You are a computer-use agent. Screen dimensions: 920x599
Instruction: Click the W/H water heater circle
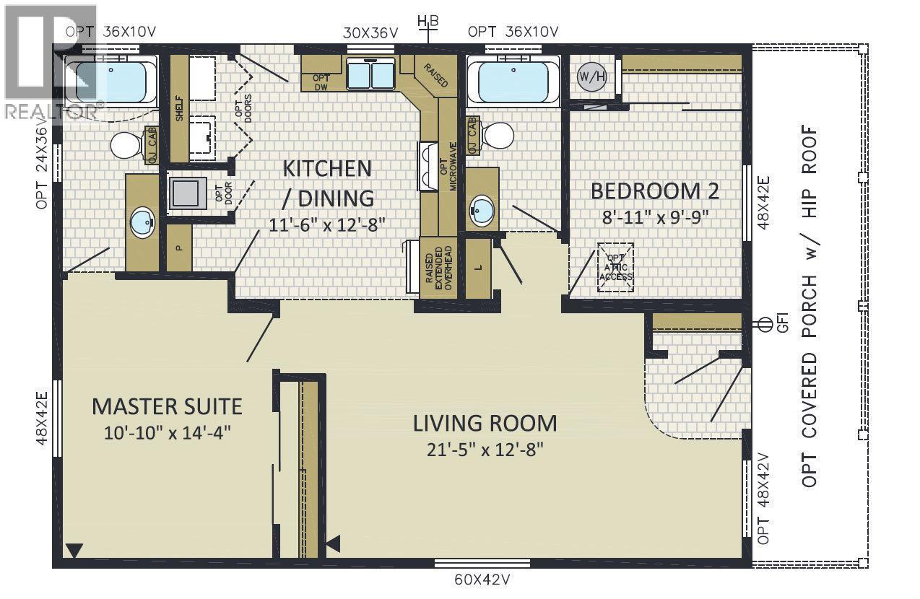click(592, 76)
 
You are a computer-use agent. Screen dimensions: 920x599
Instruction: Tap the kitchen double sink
click(370, 74)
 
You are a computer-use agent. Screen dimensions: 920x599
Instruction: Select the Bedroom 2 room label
click(655, 191)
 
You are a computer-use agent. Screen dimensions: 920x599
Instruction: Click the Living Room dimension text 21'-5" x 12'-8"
click(485, 450)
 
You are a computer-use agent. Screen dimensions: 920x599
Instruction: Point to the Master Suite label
click(167, 406)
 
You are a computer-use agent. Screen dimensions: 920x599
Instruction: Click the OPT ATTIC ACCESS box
click(615, 267)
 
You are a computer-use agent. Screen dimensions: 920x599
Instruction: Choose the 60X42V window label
click(482, 580)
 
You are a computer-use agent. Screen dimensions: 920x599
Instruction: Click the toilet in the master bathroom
click(127, 144)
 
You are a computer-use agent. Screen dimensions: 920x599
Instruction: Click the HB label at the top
click(428, 21)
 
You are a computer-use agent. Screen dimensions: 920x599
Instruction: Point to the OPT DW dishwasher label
click(321, 82)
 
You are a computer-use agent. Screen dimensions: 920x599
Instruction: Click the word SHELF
click(179, 108)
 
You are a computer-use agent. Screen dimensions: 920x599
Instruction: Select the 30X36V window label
click(370, 33)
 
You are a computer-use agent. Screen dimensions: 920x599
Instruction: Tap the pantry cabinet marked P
click(179, 248)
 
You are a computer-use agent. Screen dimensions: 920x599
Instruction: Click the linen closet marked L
click(478, 268)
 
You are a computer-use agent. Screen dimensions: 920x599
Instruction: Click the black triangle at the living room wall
click(334, 543)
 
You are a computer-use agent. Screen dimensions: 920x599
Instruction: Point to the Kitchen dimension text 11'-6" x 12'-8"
click(327, 224)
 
